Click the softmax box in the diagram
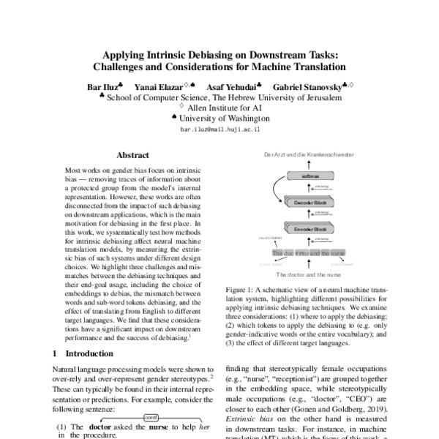tap(294, 176)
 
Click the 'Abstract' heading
tap(132, 155)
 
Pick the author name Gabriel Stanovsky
tap(304, 86)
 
